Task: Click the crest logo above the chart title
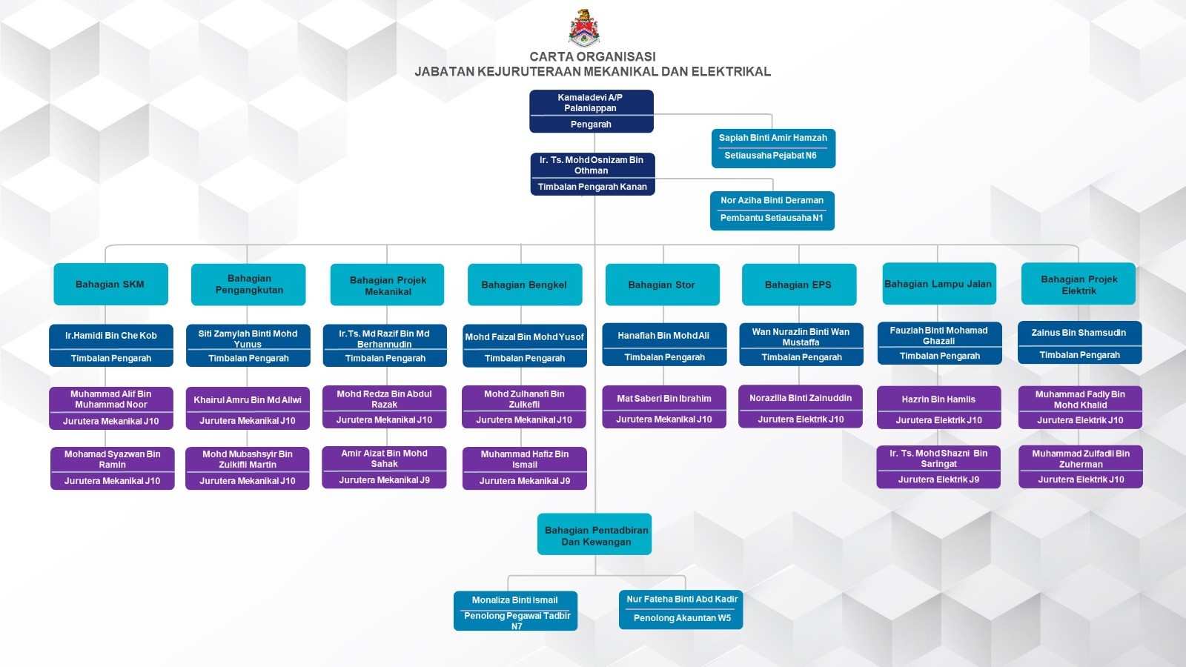tap(584, 27)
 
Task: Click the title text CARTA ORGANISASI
tap(592, 56)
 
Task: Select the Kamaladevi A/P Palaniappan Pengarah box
tap(591, 111)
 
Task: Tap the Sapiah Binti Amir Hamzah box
tap(773, 147)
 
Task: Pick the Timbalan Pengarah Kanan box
tap(592, 174)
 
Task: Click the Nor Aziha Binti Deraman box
tap(772, 210)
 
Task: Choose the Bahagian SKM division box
tap(110, 284)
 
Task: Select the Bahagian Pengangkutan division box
tap(248, 285)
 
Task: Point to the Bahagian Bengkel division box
tap(524, 285)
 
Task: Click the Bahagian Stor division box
tap(662, 285)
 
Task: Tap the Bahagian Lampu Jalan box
tap(938, 284)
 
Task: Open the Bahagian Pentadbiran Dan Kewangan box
tap(594, 534)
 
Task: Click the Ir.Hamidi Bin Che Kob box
tap(111, 345)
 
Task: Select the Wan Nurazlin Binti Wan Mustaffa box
tap(801, 345)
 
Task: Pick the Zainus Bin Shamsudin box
tap(1079, 342)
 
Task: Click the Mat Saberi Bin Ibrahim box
tap(663, 407)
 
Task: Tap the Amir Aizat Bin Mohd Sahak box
tap(384, 467)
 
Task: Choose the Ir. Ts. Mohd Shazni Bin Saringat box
tap(938, 467)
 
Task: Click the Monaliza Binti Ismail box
tap(515, 611)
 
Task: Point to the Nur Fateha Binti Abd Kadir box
tap(681, 609)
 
